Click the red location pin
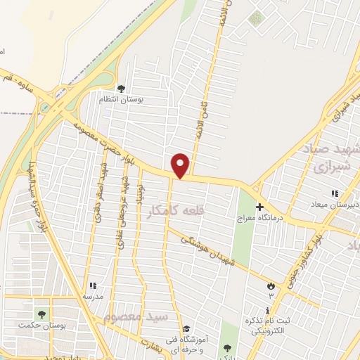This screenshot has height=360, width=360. coord(181,165)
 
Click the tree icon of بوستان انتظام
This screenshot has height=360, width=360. coord(121,89)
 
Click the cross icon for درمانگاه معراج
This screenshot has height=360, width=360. coord(259,207)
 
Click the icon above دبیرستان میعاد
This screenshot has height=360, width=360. coord(335,193)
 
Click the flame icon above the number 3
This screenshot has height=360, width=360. coord(271,285)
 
